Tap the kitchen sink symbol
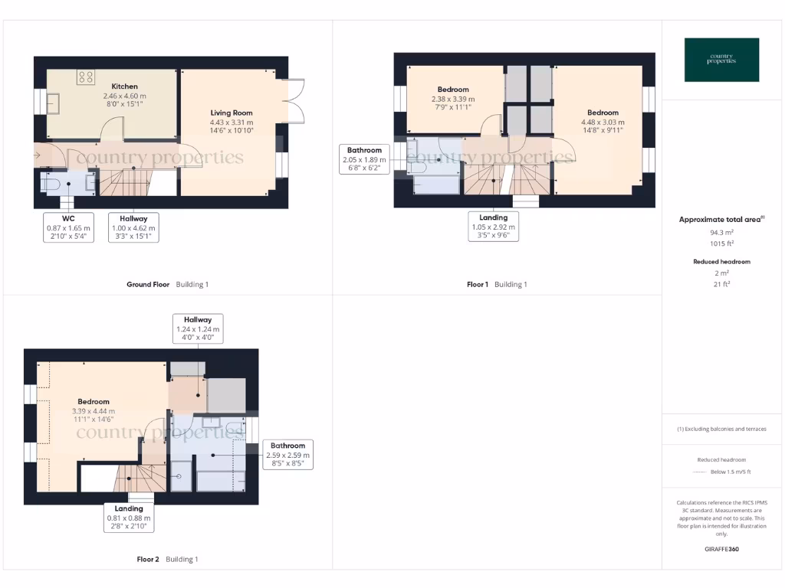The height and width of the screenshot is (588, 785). [x=53, y=103]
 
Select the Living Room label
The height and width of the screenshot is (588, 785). [x=232, y=113]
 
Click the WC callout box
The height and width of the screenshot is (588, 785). [x=68, y=227]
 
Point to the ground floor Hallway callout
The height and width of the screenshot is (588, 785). [x=133, y=227]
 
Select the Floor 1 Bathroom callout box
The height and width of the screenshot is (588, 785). [x=364, y=159]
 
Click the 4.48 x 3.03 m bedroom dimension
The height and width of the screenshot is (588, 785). [x=603, y=122]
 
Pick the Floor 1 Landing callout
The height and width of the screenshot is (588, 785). [x=494, y=227]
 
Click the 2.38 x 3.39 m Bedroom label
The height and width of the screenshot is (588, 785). [x=453, y=90]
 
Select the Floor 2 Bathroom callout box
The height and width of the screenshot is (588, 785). [x=287, y=454]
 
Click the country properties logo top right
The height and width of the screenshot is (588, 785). [x=721, y=59]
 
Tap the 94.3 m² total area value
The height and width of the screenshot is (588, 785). [x=721, y=231]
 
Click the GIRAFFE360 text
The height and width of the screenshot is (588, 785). [x=721, y=549]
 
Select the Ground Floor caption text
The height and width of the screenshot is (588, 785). [x=148, y=284]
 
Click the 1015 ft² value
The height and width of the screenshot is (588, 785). [x=721, y=243]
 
